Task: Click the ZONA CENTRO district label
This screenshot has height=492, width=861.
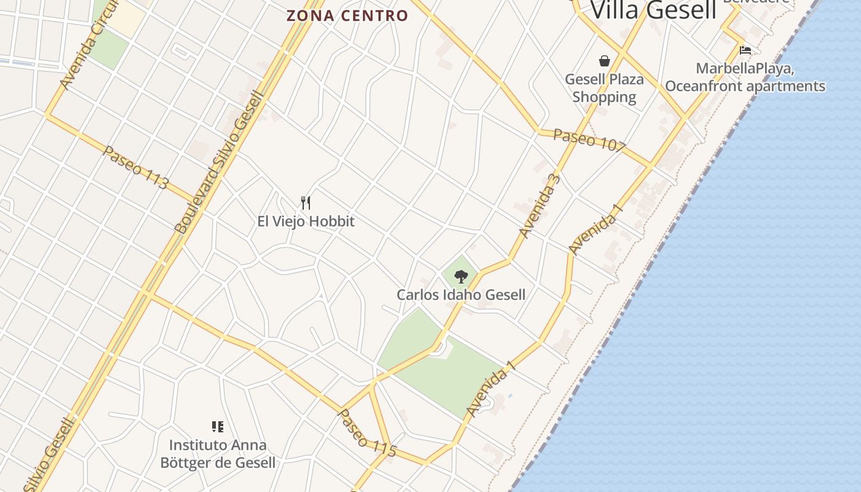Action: pyautogui.click(x=347, y=16)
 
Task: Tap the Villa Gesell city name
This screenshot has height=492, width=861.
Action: pyautogui.click(x=653, y=10)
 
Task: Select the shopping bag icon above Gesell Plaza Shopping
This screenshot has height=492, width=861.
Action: pyautogui.click(x=605, y=61)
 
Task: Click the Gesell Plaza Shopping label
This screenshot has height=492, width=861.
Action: pyautogui.click(x=604, y=88)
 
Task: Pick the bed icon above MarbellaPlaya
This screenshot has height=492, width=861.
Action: pyautogui.click(x=745, y=50)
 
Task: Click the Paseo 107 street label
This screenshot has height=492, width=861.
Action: pyautogui.click(x=589, y=141)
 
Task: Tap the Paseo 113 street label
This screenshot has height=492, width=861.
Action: pyautogui.click(x=135, y=167)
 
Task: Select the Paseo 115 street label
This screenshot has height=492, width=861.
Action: pyautogui.click(x=367, y=432)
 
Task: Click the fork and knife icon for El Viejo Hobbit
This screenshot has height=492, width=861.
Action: pyautogui.click(x=306, y=202)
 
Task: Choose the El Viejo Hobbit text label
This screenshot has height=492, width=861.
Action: pyautogui.click(x=306, y=221)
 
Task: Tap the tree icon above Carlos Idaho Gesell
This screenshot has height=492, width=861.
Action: pyautogui.click(x=461, y=277)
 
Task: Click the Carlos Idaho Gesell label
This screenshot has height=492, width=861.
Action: pyautogui.click(x=461, y=295)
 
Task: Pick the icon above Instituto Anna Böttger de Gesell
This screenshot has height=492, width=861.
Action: pyautogui.click(x=217, y=426)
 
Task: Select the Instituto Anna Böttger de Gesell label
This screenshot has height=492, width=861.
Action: pyautogui.click(x=218, y=454)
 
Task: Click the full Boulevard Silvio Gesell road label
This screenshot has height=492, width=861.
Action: pyautogui.click(x=219, y=163)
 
